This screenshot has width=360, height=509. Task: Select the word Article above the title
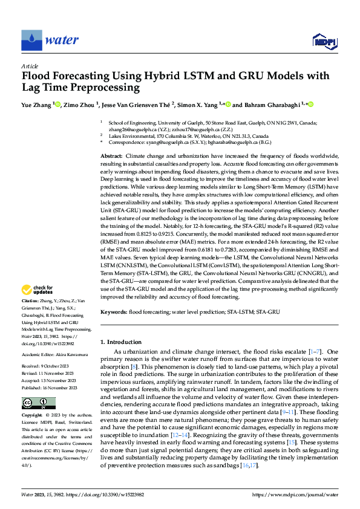[x=30, y=65]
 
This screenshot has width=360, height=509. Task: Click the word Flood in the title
[x=37, y=77]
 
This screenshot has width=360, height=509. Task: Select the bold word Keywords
[x=113, y=312]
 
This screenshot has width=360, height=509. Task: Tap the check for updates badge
[x=38, y=291]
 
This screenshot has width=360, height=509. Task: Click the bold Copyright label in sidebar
[x=32, y=417]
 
